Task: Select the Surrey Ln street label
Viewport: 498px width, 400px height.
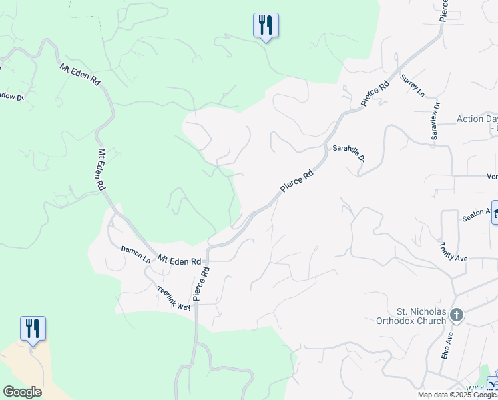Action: click(412, 86)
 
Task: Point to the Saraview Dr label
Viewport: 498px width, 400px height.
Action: click(435, 121)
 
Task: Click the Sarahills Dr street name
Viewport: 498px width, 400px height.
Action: click(349, 154)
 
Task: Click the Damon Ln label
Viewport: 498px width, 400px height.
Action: click(136, 255)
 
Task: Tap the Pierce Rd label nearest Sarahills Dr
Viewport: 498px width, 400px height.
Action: click(297, 182)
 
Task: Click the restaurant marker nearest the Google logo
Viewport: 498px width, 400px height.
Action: click(33, 329)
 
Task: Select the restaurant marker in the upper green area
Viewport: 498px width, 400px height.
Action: click(266, 26)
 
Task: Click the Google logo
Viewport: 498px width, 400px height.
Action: click(22, 392)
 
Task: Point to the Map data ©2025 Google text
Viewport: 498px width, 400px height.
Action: click(457, 395)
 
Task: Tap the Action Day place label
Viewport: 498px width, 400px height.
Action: click(477, 119)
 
